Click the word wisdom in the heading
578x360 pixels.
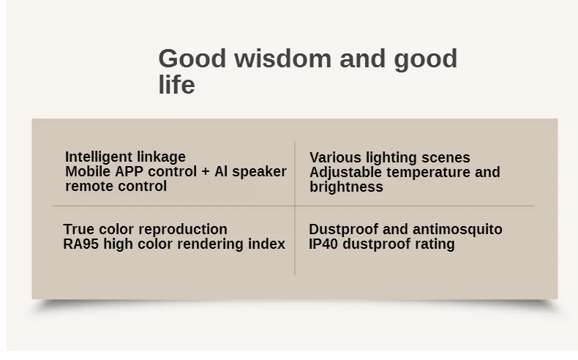click(x=282, y=59)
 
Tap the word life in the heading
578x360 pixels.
click(x=176, y=84)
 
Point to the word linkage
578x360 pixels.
click(x=162, y=157)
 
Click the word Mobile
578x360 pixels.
click(x=88, y=171)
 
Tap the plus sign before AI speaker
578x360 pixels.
click(x=206, y=172)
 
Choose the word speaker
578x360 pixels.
click(x=259, y=172)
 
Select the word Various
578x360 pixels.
click(x=335, y=158)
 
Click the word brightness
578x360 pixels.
click(x=346, y=187)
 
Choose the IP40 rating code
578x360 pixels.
click(x=323, y=244)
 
